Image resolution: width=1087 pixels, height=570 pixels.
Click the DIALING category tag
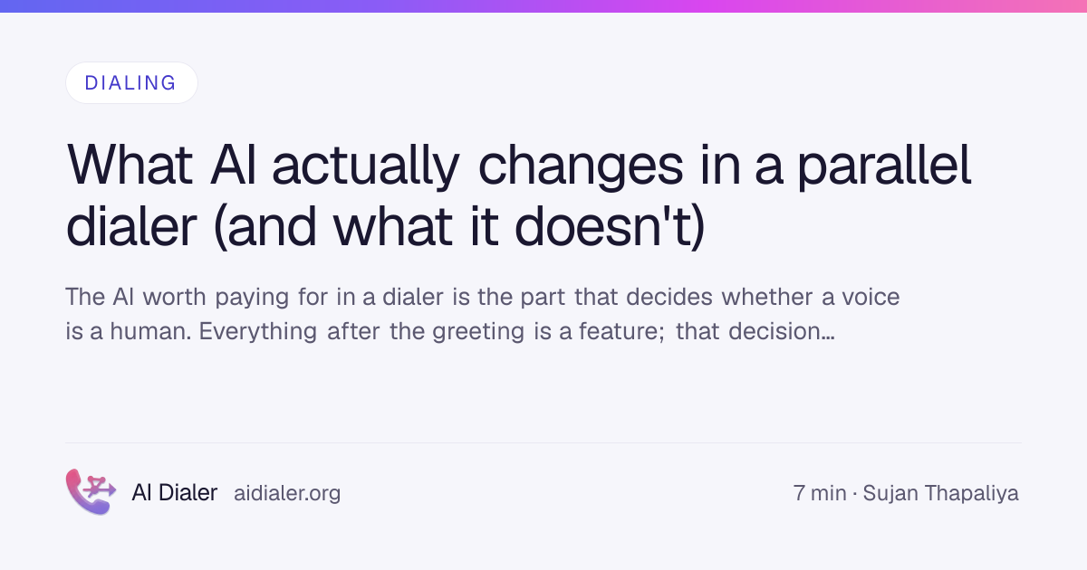131,83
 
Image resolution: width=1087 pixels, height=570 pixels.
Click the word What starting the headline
130,166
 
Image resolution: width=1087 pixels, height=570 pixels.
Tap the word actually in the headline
366,167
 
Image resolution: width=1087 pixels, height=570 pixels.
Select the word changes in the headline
581,167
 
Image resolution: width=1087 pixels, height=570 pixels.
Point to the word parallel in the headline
885,167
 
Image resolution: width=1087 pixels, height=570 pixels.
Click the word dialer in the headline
131,226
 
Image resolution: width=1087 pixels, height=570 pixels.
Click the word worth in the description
174,297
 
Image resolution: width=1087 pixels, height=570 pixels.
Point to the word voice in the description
871,297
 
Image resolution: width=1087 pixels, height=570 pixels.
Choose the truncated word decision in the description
781,331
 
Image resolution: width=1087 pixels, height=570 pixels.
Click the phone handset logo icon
91,491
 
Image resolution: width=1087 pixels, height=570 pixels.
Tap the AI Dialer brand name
175,493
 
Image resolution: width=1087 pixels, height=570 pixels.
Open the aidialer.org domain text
287,494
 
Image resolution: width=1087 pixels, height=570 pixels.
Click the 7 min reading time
820,493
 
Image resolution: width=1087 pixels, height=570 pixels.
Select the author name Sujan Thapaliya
940,494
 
